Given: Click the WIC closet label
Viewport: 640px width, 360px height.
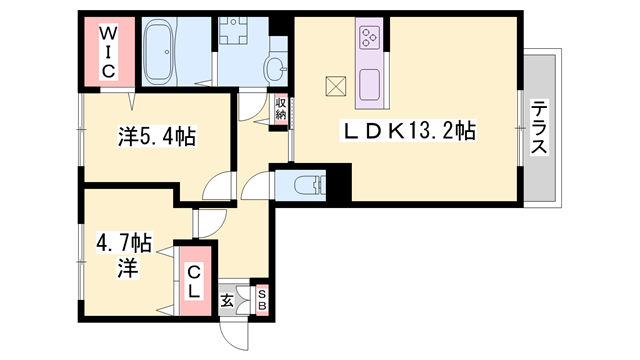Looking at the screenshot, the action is [x=108, y=52].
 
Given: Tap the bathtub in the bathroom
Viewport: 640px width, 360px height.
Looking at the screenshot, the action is [x=160, y=52].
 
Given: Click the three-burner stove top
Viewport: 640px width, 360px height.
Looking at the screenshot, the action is [x=370, y=37].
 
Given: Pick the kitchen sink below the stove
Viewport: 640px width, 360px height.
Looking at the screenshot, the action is [x=370, y=85].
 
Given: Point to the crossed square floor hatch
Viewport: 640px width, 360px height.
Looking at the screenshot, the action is [x=336, y=86].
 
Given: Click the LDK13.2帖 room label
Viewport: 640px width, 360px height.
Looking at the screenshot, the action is [x=408, y=131].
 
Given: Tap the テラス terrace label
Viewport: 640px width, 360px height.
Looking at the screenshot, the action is [x=539, y=127].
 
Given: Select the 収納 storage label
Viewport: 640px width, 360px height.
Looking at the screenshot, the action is [x=280, y=108].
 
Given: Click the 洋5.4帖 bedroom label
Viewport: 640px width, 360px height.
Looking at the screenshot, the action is [x=157, y=136].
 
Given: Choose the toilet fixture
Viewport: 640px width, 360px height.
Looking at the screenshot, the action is [x=309, y=184].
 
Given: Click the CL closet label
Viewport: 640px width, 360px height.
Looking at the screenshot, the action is [x=194, y=281].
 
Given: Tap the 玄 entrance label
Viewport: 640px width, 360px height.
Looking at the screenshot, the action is [x=227, y=301].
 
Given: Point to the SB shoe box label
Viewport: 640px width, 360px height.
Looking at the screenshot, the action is [x=262, y=300].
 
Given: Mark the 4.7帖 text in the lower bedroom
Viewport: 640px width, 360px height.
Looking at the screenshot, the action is [x=124, y=244].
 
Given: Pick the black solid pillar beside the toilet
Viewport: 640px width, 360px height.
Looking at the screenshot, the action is [x=338, y=182].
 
